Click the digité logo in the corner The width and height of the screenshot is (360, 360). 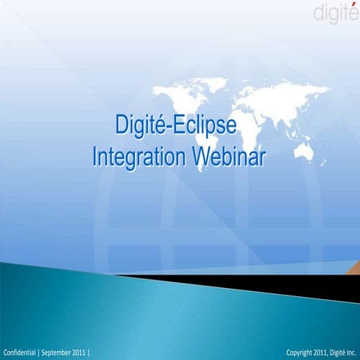click(x=335, y=13)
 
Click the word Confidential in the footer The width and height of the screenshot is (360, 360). click(x=20, y=352)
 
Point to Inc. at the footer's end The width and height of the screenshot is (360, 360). click(x=350, y=352)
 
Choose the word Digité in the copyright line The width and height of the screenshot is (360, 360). click(x=331, y=352)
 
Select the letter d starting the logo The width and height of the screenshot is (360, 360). click(x=317, y=14)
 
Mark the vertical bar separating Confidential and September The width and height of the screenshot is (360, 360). click(x=40, y=352)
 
